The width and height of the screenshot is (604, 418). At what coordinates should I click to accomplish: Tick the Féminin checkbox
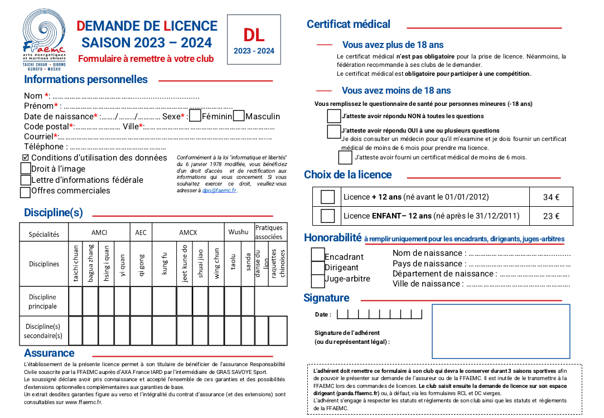pyautogui.click(x=195, y=116)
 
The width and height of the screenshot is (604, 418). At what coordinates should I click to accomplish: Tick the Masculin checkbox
pyautogui.click(x=239, y=116)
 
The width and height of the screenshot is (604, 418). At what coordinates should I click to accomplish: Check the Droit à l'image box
pyautogui.click(x=26, y=168)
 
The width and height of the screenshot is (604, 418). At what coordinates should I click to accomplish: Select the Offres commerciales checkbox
pyautogui.click(x=25, y=192)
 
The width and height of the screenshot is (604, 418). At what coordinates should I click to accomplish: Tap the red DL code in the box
pyautogui.click(x=254, y=35)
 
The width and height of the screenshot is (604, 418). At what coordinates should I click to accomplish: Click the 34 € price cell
pyautogui.click(x=551, y=197)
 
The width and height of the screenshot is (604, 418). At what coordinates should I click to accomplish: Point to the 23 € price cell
pyautogui.click(x=551, y=216)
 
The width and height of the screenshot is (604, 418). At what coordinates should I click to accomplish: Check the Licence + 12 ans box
pyautogui.click(x=328, y=197)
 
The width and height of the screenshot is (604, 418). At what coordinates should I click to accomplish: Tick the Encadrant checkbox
pyautogui.click(x=318, y=255)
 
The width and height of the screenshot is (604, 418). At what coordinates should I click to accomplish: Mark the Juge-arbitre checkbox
pyautogui.click(x=318, y=280)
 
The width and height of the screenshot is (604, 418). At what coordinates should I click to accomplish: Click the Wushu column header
pyautogui.click(x=238, y=232)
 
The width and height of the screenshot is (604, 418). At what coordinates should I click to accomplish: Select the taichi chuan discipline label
pyautogui.click(x=76, y=264)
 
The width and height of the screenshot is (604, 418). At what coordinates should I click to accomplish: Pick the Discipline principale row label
pyautogui.click(x=43, y=302)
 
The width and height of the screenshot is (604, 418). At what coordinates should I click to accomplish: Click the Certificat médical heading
pyautogui.click(x=349, y=24)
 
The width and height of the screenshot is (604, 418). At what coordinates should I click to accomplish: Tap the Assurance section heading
pyautogui.click(x=49, y=353)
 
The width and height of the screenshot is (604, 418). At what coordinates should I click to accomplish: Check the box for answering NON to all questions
pyautogui.click(x=334, y=116)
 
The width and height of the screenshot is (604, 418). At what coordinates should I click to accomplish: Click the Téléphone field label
pyautogui.click(x=45, y=147)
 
